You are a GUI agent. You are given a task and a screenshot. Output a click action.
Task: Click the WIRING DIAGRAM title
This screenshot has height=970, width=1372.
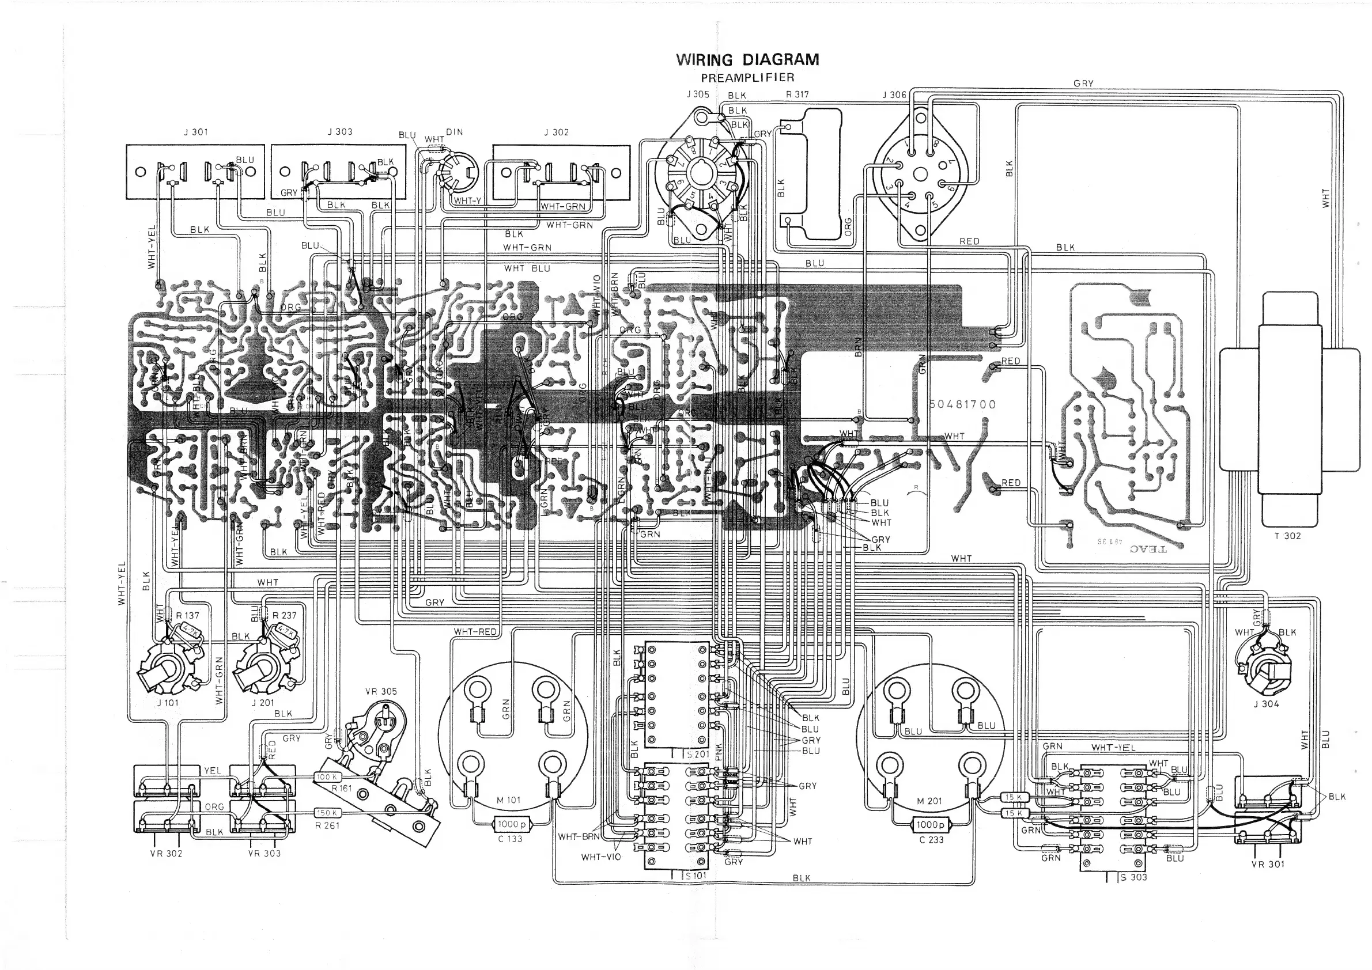(747, 60)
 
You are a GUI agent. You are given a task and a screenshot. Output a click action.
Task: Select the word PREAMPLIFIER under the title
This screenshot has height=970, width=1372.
(747, 78)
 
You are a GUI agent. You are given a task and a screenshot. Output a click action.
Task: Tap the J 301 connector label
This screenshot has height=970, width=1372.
(196, 132)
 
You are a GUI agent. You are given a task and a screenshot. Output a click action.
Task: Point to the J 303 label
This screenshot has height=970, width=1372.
(340, 131)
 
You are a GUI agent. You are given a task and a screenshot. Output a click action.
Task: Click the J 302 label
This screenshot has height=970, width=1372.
(556, 132)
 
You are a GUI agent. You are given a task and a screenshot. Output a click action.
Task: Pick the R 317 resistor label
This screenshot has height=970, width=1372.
(797, 94)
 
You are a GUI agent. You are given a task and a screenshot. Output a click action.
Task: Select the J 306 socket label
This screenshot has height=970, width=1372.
(894, 95)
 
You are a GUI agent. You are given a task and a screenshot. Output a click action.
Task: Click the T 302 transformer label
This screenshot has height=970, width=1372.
(1287, 536)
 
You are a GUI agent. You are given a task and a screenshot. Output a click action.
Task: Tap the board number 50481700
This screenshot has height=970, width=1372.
(963, 404)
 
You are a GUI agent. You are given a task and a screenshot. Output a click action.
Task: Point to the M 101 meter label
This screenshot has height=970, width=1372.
(509, 800)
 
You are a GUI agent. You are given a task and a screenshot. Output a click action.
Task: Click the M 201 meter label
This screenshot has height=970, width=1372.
(929, 801)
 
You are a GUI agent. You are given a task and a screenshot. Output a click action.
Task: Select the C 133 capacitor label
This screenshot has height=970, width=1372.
(509, 839)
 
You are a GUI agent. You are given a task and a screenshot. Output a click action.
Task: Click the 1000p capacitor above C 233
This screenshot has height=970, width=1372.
(931, 825)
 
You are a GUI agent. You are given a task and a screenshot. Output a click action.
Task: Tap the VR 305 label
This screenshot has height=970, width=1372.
(381, 691)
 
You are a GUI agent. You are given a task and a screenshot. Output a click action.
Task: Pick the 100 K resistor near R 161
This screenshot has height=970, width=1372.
(327, 777)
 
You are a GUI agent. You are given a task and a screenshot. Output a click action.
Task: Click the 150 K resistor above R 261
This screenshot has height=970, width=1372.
(327, 813)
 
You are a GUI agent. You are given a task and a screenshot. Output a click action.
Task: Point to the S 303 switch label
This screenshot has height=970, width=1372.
(1133, 877)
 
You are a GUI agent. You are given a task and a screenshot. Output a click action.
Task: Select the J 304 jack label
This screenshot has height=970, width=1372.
(1266, 704)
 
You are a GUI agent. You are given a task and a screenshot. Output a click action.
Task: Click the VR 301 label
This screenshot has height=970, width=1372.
(1268, 863)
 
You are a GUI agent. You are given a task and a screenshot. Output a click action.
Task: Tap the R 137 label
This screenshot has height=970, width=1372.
(188, 615)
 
